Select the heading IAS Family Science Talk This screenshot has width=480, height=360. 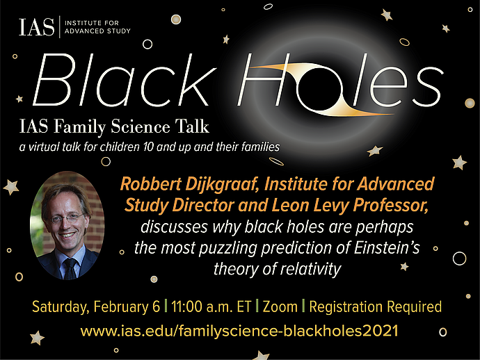pyautogui.click(x=115, y=129)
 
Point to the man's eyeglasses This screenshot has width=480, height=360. pyautogui.click(x=67, y=218)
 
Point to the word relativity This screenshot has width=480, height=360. pyautogui.click(x=303, y=268)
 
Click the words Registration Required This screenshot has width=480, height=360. pyautogui.click(x=376, y=306)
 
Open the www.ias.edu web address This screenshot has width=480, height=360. pyautogui.click(x=239, y=330)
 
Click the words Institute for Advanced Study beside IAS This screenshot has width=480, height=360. pyautogui.click(x=97, y=28)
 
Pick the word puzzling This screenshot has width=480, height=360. pyautogui.click(x=230, y=248)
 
